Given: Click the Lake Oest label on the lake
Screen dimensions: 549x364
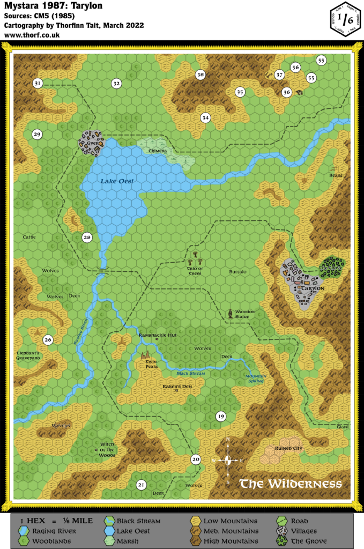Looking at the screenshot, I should point(117,182).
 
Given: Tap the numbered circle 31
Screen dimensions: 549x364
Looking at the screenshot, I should point(38,83).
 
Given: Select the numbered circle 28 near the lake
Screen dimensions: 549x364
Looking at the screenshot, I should point(87,238).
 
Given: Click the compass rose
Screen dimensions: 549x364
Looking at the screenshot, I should point(228,460).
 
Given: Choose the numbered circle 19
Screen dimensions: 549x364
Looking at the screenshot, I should point(220,417).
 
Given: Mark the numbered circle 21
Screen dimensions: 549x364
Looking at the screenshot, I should point(141,485).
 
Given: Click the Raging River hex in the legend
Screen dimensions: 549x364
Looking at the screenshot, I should point(24,531).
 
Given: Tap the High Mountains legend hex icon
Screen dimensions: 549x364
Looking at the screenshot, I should point(196,541).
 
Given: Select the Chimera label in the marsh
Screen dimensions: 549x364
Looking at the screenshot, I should point(158,151).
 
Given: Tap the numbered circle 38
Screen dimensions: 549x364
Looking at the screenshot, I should point(200,75).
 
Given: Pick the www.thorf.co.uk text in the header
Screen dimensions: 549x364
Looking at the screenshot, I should point(32,35).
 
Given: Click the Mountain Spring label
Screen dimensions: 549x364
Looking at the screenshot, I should point(255,379).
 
